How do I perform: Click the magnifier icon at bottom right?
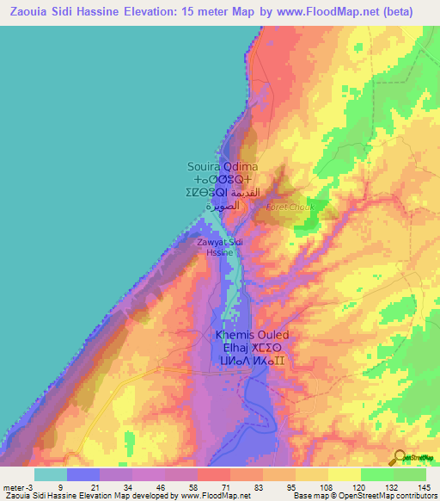tap(400, 457)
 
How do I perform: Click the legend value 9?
tap(59, 486)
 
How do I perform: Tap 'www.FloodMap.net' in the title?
tap(326, 12)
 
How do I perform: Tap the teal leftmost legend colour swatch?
tap(50, 474)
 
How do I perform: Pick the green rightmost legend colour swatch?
tap(409, 474)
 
